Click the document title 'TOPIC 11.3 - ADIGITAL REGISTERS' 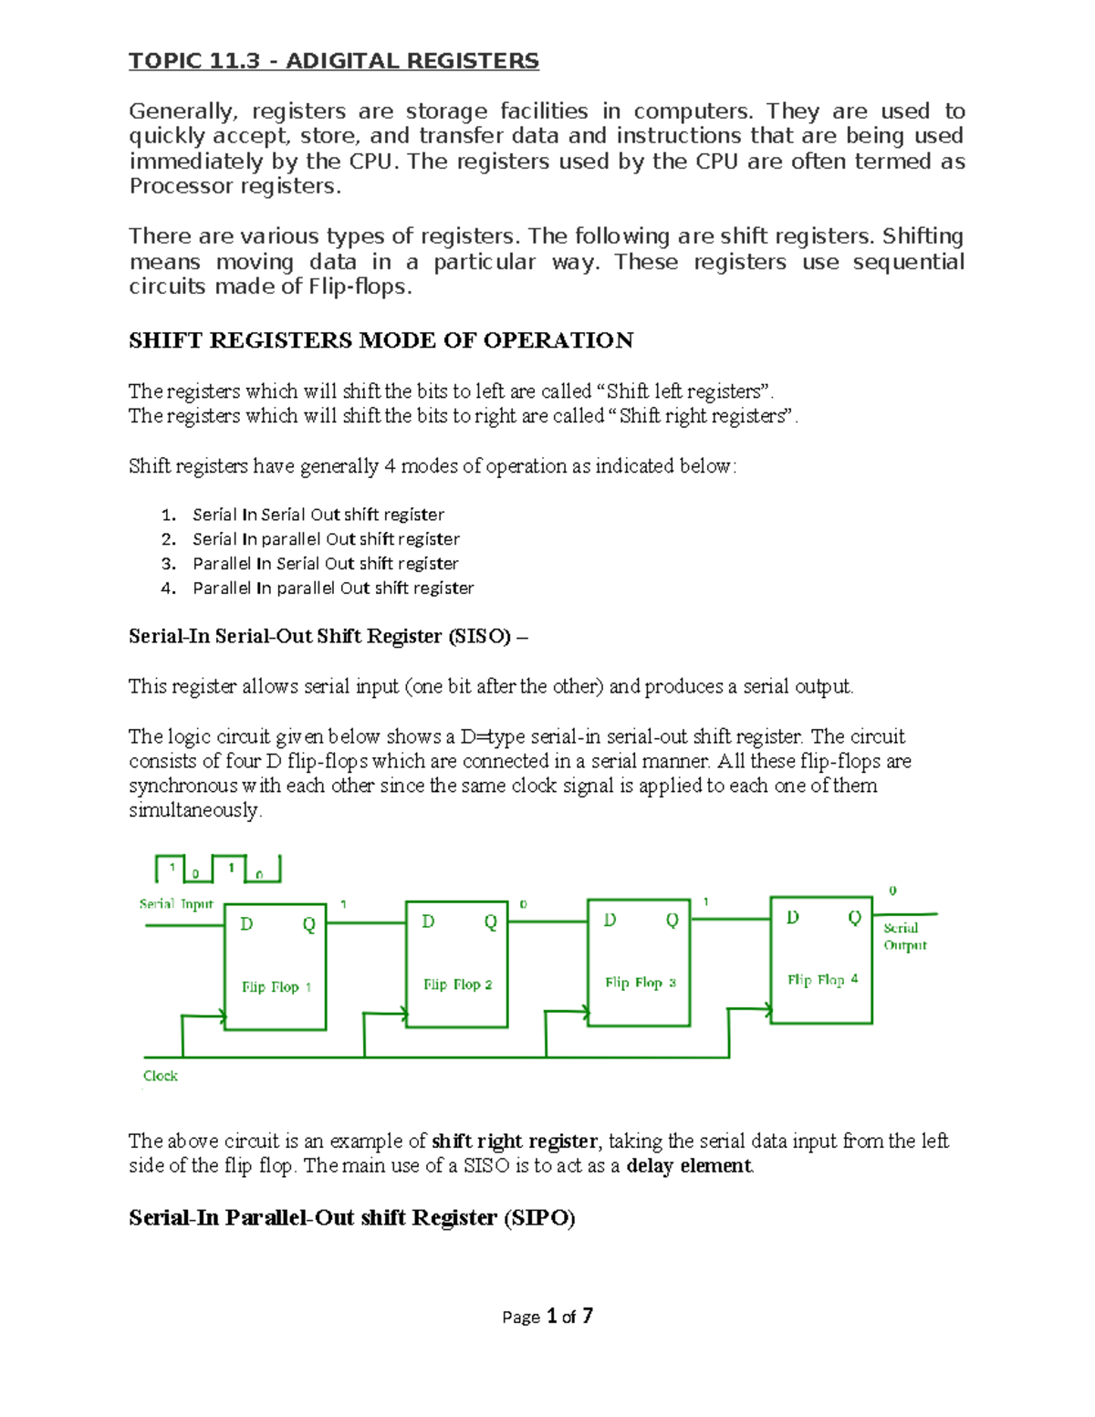pos(333,61)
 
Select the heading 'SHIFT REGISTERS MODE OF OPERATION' pos(381,340)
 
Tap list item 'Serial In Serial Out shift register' pos(318,515)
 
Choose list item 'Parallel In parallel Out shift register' pos(333,589)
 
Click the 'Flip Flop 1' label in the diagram pos(276,986)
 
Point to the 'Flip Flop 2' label pos(457,985)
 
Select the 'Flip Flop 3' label pos(640,983)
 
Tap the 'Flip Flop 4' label pos(822,979)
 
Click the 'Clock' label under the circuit pos(160,1076)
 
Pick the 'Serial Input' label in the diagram pos(175,904)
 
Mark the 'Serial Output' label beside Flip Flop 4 pos(904,936)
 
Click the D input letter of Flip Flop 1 pos(246,924)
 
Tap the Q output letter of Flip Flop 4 pos(854,918)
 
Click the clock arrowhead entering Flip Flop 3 pos(581,1010)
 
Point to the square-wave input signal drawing pos(218,869)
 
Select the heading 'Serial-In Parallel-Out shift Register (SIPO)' pos(351,1218)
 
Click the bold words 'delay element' pos(689,1166)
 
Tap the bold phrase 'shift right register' pos(515,1141)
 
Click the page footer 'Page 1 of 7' pos(547,1316)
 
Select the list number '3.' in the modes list pos(168,564)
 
